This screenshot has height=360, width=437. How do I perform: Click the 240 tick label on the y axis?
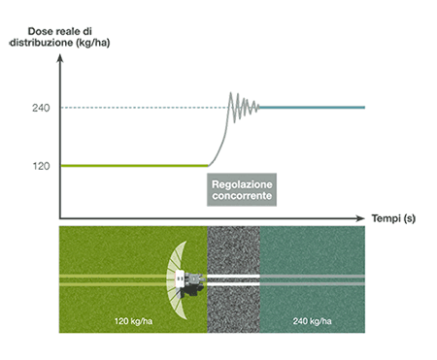[41, 108]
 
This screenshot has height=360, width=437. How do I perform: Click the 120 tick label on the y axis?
[41, 166]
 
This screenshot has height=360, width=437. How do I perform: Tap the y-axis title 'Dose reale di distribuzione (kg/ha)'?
[60, 37]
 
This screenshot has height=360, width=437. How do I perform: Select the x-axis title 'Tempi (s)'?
[393, 218]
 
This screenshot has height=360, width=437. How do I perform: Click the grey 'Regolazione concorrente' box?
[242, 190]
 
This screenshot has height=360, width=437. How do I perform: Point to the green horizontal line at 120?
[134, 166]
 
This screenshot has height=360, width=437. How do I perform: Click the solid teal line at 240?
[312, 108]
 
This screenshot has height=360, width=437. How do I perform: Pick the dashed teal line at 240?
[145, 108]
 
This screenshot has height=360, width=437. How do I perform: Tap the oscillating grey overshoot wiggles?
[244, 107]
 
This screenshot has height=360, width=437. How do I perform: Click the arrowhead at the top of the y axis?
[60, 58]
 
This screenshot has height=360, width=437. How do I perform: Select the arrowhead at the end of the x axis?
[360, 218]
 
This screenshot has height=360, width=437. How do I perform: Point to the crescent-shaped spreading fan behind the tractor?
[177, 280]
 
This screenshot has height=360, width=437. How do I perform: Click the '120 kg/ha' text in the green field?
[133, 321]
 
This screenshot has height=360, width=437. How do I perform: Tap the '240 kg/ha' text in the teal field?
[312, 321]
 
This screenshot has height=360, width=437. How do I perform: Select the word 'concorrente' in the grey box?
[242, 196]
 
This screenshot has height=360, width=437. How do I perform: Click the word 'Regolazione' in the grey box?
[242, 184]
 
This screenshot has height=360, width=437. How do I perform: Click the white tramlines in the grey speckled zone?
[233, 280]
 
